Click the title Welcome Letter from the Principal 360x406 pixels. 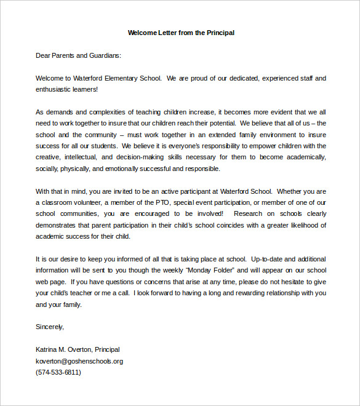point(181,33)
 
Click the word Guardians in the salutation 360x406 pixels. point(105,55)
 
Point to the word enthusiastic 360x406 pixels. point(54,89)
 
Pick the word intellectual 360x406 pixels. point(89,157)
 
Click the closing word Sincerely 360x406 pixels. point(50,327)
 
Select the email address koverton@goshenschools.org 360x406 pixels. point(79,361)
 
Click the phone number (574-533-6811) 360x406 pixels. point(58,372)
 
